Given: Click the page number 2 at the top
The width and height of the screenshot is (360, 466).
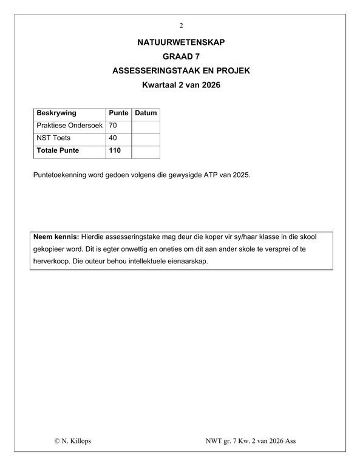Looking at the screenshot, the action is click(181, 25).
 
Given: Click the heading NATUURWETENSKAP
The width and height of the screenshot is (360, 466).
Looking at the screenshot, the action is click(181, 43).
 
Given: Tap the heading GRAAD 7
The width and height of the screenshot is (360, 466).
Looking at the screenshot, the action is click(181, 57).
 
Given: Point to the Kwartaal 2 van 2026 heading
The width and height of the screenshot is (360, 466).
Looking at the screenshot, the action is click(181, 86).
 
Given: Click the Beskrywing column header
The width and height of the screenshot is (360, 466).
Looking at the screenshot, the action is click(56, 113).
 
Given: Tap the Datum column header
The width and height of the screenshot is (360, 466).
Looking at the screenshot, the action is click(146, 113).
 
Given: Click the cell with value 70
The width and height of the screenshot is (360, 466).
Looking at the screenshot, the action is click(112, 126).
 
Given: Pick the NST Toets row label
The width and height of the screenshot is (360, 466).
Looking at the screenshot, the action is click(54, 138).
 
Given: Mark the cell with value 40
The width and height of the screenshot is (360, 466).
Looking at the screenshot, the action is click(112, 138).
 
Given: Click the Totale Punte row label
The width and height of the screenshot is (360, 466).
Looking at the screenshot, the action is click(58, 150).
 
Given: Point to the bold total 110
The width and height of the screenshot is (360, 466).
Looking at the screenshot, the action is click(115, 150).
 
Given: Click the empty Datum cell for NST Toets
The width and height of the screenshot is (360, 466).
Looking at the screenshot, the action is click(146, 138).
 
